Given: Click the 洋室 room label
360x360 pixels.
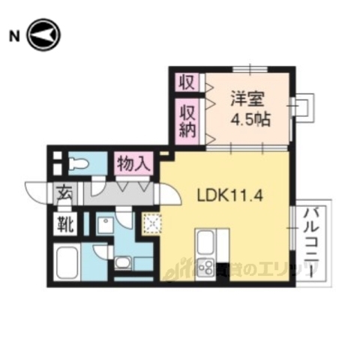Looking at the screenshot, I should point(245,98).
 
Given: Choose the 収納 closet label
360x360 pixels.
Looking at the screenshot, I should point(187,121).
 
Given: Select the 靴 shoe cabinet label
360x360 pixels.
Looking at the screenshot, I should point(62,223).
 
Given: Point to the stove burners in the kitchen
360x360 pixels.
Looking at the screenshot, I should point(206,265).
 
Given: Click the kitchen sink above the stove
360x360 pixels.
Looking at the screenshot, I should point(206,242).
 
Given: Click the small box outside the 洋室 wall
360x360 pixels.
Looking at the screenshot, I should point(303,106).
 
